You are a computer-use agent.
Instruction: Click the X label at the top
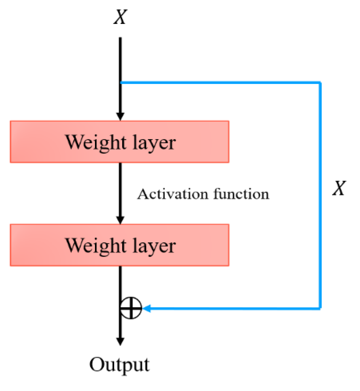click(120, 17)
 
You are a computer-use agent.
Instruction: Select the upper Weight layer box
click(120, 142)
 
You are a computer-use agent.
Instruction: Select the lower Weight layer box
click(120, 245)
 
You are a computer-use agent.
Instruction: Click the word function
click(241, 194)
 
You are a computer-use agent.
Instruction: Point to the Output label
click(120, 364)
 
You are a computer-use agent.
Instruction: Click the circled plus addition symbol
click(131, 308)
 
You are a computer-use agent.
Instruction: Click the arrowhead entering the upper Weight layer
click(120, 116)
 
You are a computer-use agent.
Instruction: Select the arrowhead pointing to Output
click(120, 341)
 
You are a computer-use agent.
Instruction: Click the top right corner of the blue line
click(320, 83)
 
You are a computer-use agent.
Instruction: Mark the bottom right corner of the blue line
click(320, 308)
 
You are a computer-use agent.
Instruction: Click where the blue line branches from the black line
click(120, 83)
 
